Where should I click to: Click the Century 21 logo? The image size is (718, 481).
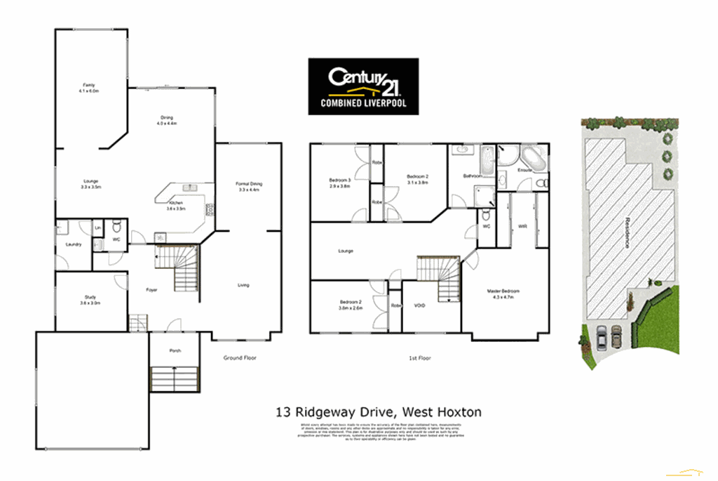coord(363,86)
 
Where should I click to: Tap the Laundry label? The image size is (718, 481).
coord(74,244)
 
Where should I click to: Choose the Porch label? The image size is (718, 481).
coord(175,350)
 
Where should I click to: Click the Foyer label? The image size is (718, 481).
coord(151,289)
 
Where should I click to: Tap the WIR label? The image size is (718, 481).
coord(522,226)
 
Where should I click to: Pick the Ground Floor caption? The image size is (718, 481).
coord(240,357)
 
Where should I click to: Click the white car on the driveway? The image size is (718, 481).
coord(602,338)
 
